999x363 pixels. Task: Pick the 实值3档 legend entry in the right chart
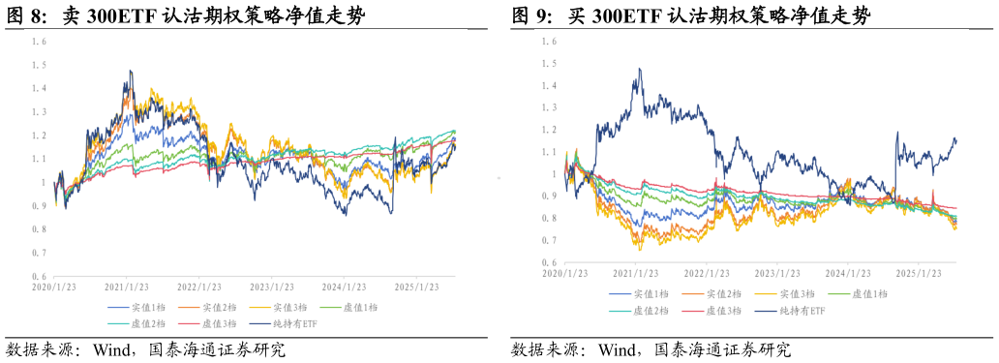(x=797, y=294)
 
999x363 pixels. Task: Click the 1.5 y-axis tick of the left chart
(x=39, y=65)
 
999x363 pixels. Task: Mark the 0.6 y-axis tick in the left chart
(x=39, y=276)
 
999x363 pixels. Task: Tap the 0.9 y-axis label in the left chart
(x=39, y=206)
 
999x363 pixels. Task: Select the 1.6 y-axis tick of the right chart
(x=549, y=42)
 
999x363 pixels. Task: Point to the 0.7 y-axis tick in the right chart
(x=549, y=240)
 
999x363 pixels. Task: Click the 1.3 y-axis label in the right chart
(x=549, y=107)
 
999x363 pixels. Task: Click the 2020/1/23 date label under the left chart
(x=54, y=287)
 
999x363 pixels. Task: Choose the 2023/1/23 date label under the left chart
(x=273, y=287)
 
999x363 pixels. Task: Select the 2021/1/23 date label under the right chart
(x=638, y=274)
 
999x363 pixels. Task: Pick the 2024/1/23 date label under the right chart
(x=850, y=274)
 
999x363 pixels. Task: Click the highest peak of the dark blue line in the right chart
(x=640, y=69)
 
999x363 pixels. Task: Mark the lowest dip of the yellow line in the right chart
(x=639, y=250)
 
